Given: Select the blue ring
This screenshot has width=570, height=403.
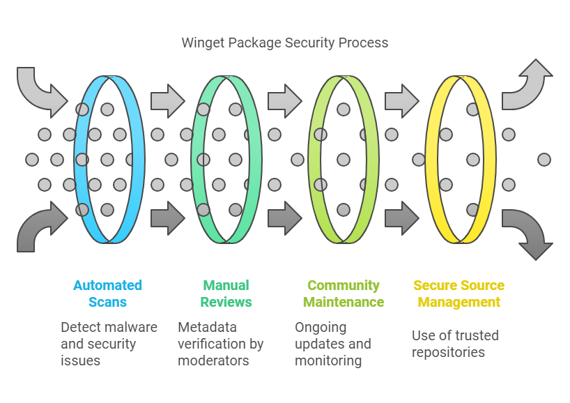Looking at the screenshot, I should [79, 160].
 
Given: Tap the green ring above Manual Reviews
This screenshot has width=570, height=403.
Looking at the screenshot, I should [196, 160].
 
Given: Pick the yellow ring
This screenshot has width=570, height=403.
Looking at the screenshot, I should [430, 160].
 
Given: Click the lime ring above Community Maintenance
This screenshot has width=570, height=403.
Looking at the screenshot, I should [313, 160].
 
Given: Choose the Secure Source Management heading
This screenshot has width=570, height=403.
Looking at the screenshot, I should [459, 294].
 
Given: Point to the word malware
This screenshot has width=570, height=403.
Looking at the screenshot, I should [132, 327].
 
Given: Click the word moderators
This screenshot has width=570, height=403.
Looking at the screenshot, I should [214, 360].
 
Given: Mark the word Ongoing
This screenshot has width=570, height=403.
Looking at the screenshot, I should [321, 327].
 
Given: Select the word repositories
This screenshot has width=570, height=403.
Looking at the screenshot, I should [448, 352].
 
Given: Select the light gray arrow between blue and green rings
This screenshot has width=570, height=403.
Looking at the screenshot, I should [167, 101].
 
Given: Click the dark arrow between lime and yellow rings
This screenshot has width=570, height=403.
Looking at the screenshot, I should [401, 218].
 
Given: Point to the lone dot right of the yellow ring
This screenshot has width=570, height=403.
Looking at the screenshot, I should [544, 160].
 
